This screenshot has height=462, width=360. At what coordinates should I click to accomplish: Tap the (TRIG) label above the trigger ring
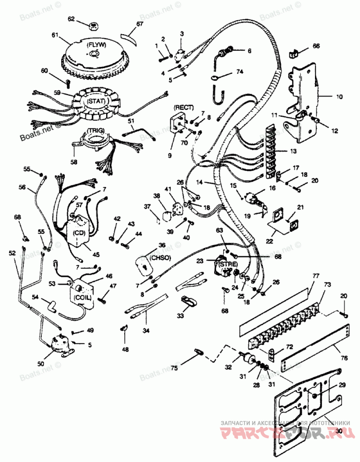coord(95,130)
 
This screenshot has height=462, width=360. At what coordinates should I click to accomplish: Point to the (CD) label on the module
coord(79,232)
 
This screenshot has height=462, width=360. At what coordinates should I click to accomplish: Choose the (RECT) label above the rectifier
coord(184,107)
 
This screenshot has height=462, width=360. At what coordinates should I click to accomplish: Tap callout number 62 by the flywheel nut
coord(71,18)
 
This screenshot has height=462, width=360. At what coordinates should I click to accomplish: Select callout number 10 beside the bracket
coord(339,96)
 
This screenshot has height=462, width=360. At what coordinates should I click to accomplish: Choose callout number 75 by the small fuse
coord(174,368)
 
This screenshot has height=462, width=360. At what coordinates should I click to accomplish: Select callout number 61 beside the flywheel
coord(55,35)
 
